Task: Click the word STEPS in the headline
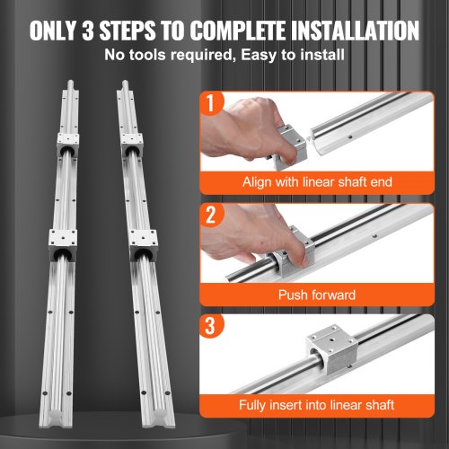(143, 30)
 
